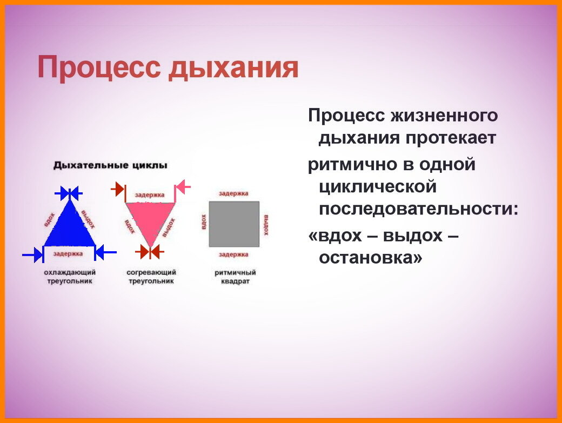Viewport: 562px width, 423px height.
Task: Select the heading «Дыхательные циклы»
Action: point(110,165)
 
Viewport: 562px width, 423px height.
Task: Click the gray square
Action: point(233,224)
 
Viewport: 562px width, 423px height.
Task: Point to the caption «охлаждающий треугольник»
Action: point(69,277)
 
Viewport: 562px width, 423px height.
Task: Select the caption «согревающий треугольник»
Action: point(151,277)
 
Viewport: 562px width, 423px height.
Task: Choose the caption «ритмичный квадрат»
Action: point(235,277)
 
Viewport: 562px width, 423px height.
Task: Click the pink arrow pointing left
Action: point(183,187)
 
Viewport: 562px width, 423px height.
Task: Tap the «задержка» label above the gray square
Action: point(233,193)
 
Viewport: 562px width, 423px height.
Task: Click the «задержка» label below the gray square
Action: point(233,254)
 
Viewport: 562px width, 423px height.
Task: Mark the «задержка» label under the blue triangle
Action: point(69,253)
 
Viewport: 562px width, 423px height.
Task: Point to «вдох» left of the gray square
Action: point(204,222)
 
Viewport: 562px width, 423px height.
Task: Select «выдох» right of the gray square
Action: point(266,224)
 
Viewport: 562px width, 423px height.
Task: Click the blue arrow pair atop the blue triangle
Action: point(69,192)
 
